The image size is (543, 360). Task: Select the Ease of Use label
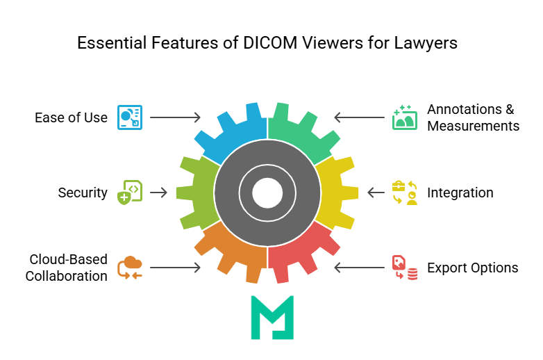coord(71,117)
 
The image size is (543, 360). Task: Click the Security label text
coord(83,193)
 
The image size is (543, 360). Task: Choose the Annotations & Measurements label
coord(473,117)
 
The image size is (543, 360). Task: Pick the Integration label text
coord(460,193)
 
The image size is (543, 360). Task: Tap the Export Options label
coord(472,268)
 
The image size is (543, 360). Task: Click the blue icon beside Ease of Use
coord(130,117)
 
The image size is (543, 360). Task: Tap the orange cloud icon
coord(130,268)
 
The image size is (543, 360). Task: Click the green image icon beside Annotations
coord(404,117)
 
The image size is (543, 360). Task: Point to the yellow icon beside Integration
coord(404,193)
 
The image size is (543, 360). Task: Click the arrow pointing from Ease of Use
coord(175,117)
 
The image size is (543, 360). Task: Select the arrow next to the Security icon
coord(159,193)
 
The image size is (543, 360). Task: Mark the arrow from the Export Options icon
coord(359,268)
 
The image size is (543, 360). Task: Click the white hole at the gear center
coord(267,193)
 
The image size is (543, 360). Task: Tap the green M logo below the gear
coord(272,317)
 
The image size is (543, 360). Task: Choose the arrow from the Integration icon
coord(376,193)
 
